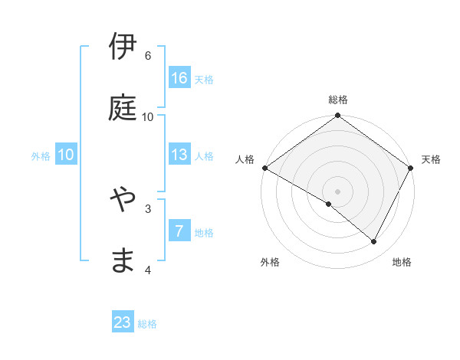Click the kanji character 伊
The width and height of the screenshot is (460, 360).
123,47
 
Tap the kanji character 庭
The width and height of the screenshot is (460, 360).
123,109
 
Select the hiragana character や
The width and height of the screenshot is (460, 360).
123,200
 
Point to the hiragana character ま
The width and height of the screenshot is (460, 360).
123,261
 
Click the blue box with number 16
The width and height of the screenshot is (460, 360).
179,78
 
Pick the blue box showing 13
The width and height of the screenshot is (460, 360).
179,155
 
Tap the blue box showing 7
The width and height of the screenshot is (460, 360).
179,231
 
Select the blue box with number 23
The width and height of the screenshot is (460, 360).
123,322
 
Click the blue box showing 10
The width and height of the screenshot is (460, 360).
66,155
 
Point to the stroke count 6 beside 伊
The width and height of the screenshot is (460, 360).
148,56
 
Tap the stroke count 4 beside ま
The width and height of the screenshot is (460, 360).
148,270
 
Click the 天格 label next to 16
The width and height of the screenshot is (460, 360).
204,80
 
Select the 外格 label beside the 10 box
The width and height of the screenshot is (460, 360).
41,156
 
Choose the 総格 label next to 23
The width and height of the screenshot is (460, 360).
147,324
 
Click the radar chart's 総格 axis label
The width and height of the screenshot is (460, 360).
338,100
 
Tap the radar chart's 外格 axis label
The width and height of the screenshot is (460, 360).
270,262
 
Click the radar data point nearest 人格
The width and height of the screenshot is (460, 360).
264,168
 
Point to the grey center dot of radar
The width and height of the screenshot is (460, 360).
337,191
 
